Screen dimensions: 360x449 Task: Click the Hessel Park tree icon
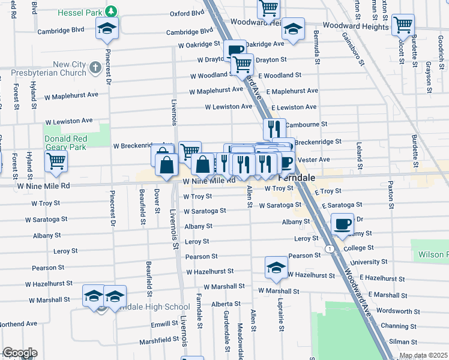tap(110, 11)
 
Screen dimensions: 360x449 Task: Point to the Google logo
tap(20, 353)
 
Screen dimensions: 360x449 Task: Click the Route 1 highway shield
tap(329, 248)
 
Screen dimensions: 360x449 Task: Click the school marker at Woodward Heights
tap(293, 29)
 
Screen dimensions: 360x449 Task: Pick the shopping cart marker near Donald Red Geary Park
tap(56, 161)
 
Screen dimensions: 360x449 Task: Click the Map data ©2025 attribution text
tap(423, 355)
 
